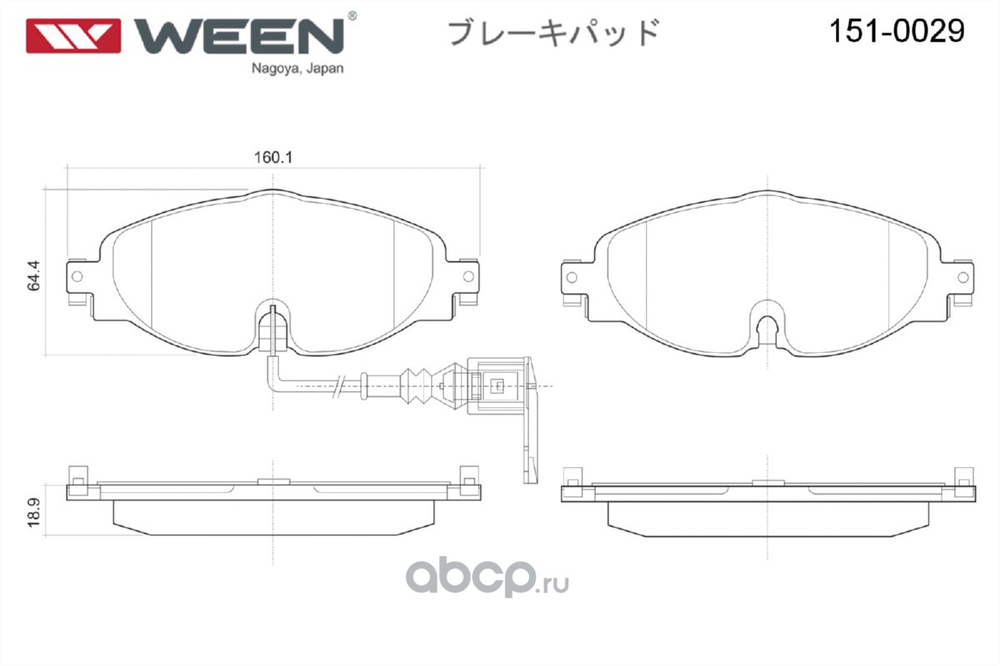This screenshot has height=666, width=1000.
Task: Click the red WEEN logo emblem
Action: point(72,35)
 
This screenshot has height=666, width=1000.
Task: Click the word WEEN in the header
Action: point(238,34)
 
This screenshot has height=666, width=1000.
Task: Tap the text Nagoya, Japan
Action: point(297,70)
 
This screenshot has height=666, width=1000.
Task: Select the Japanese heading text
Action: point(554,32)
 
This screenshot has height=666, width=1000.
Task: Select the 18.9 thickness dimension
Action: point(33,509)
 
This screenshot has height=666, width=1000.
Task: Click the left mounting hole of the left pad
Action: point(78,276)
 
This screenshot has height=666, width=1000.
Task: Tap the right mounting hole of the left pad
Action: point(469,276)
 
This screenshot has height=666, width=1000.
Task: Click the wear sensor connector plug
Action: point(497,385)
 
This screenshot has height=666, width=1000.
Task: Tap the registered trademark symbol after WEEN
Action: point(352,16)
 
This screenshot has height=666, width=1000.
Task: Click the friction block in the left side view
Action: point(273,516)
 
